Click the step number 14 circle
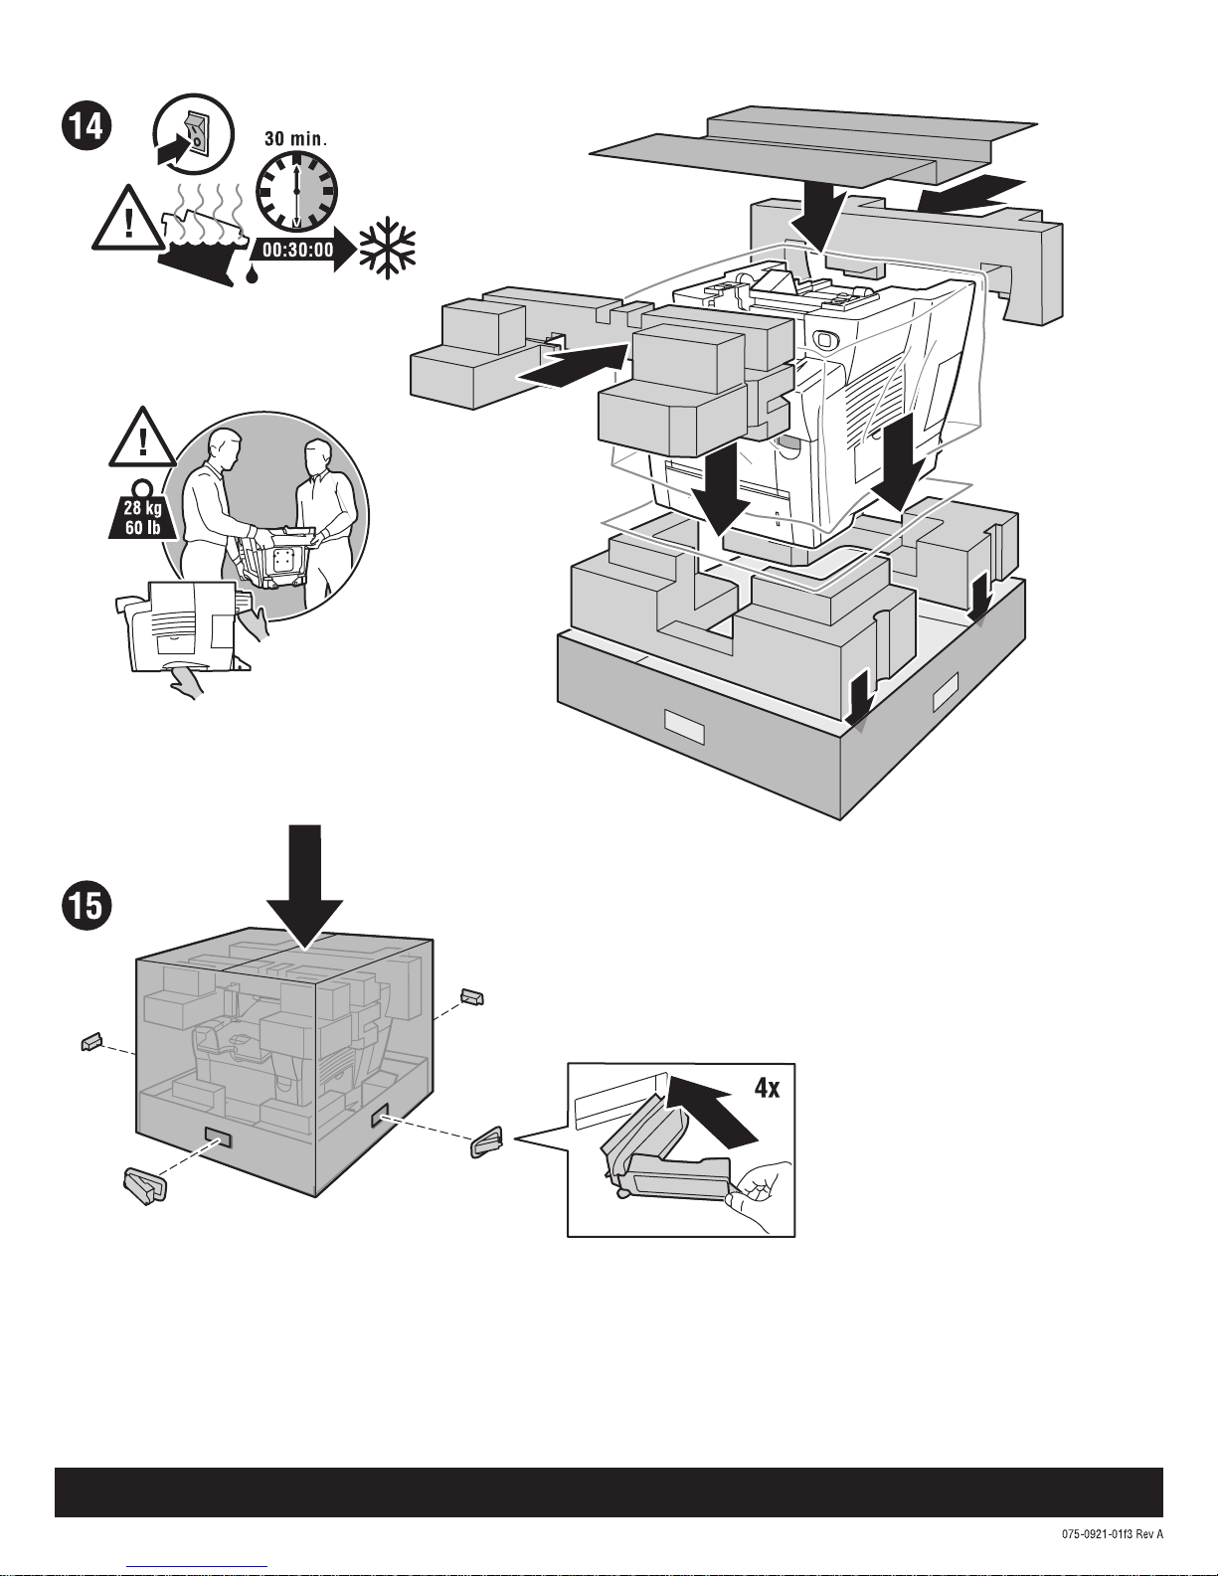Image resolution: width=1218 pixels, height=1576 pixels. click(87, 127)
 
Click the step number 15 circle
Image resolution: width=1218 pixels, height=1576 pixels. click(87, 906)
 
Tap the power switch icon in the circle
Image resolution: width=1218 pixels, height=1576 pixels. click(194, 134)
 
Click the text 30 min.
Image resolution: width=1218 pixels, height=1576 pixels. click(295, 138)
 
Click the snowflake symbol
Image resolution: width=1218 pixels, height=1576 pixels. click(388, 248)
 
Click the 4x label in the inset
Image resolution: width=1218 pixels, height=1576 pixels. click(767, 1088)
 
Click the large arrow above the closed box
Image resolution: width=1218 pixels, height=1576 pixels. click(304, 886)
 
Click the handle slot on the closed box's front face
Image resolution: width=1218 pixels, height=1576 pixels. click(218, 1137)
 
